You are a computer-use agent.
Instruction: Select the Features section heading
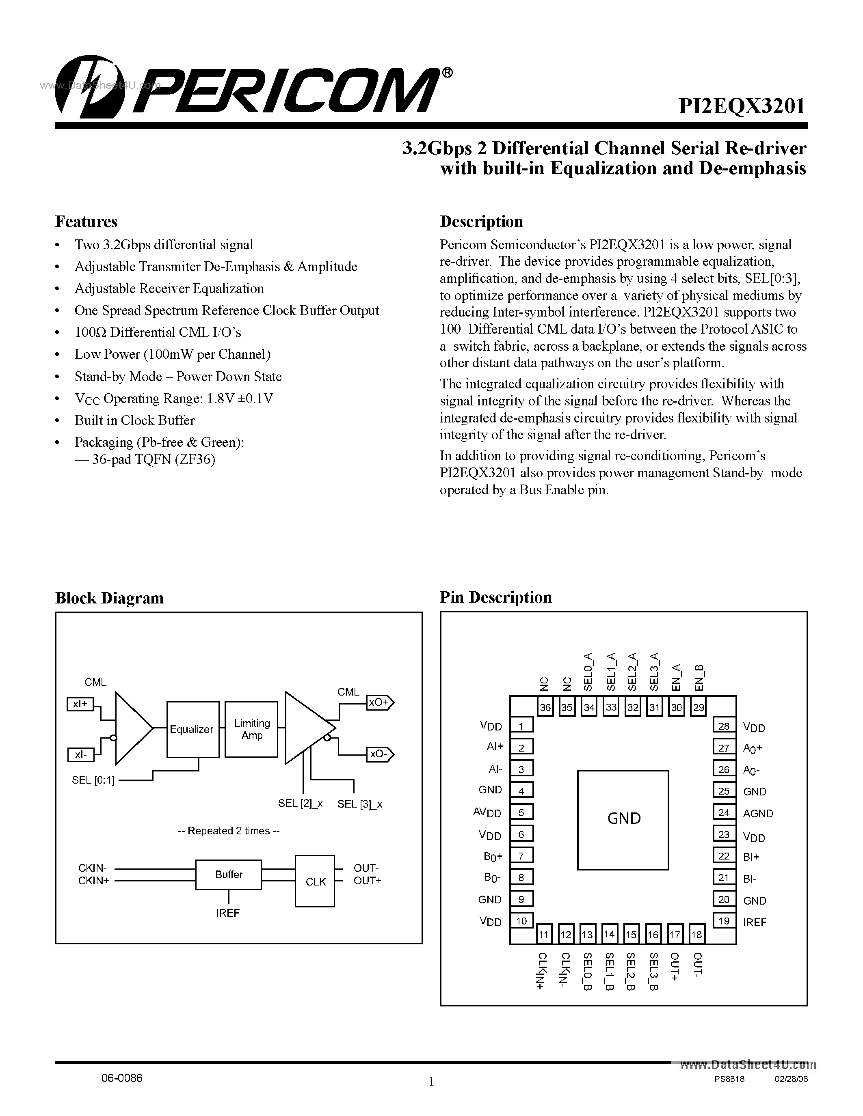(x=86, y=221)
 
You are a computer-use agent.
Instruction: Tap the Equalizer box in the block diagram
(x=192, y=729)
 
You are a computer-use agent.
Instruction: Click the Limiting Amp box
(x=251, y=729)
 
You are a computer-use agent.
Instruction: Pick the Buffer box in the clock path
(x=229, y=874)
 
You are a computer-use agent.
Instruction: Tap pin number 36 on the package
(x=545, y=708)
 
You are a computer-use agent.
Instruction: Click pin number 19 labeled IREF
(x=723, y=921)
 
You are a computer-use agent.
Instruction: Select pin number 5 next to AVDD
(x=521, y=812)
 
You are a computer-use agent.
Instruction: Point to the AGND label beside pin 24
(x=758, y=813)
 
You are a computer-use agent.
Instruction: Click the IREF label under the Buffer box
(x=227, y=913)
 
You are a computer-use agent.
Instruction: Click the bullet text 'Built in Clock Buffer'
(x=134, y=420)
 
